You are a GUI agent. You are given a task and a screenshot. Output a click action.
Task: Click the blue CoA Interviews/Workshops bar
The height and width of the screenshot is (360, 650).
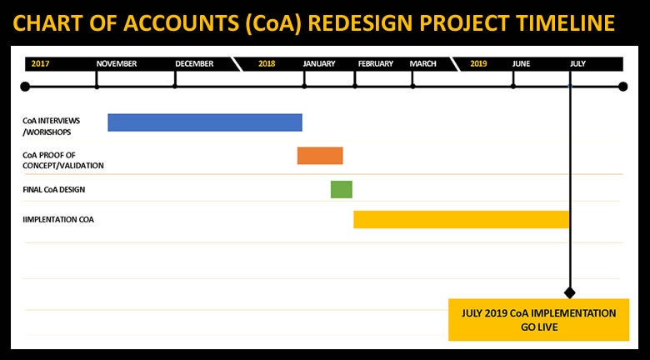click(x=205, y=122)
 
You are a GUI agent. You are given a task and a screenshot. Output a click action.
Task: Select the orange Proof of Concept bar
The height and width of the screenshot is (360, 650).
click(x=320, y=156)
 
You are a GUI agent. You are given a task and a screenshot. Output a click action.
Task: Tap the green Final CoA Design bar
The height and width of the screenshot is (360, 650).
click(x=342, y=189)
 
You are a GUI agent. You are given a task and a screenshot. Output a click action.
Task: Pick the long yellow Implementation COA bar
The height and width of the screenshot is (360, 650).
click(x=461, y=219)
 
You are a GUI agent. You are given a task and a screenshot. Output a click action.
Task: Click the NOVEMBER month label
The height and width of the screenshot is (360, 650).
click(x=117, y=64)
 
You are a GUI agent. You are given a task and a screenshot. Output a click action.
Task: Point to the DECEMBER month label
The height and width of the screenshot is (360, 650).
click(x=194, y=64)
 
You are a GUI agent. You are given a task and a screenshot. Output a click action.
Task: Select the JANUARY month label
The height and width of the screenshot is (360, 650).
click(x=319, y=64)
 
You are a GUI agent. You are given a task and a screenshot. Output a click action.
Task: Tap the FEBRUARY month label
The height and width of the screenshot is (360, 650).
click(x=376, y=64)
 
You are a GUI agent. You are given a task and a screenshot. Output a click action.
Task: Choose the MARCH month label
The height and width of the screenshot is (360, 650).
click(x=422, y=64)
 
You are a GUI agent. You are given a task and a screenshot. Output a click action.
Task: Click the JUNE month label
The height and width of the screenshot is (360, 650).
click(x=521, y=64)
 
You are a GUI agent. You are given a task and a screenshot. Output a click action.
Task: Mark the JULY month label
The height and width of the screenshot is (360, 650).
click(x=577, y=64)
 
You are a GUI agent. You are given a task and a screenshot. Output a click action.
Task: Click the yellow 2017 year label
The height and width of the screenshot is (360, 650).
click(x=40, y=64)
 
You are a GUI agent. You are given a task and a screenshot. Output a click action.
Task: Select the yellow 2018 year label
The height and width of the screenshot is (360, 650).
click(x=267, y=64)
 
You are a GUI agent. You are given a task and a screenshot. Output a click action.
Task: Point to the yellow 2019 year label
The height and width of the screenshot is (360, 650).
click(x=479, y=64)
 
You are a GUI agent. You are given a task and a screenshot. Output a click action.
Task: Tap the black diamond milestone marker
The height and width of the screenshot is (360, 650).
click(x=570, y=292)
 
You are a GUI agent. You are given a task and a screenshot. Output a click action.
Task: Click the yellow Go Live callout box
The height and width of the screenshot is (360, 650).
click(x=539, y=320)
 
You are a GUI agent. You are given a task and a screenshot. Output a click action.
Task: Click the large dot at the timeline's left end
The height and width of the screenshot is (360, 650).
click(x=25, y=87)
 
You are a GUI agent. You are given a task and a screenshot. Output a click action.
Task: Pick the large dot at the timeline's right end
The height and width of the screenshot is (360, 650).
click(x=622, y=87)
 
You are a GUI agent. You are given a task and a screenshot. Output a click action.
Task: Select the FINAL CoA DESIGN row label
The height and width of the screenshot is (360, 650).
click(x=54, y=189)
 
